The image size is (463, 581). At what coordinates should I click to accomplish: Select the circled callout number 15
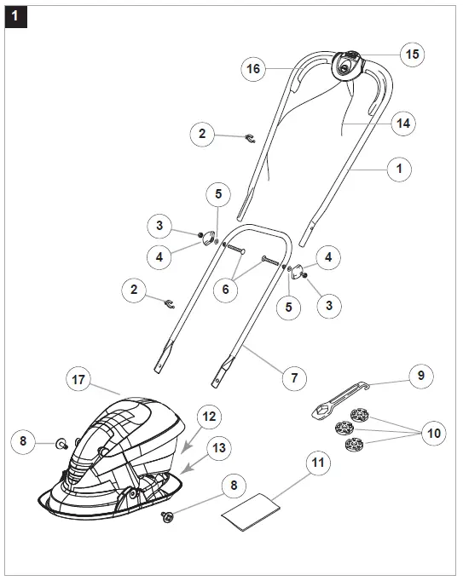(411, 54)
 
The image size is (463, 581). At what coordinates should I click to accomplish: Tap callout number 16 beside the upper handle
(252, 69)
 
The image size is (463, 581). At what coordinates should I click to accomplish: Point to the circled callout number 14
(403, 124)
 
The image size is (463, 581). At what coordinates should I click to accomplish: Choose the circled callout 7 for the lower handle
(295, 376)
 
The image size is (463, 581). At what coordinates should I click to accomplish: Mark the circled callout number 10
(435, 433)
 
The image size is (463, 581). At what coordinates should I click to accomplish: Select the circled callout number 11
(318, 463)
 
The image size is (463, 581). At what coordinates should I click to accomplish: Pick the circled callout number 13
(219, 447)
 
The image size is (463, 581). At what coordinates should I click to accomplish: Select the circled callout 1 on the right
(397, 169)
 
